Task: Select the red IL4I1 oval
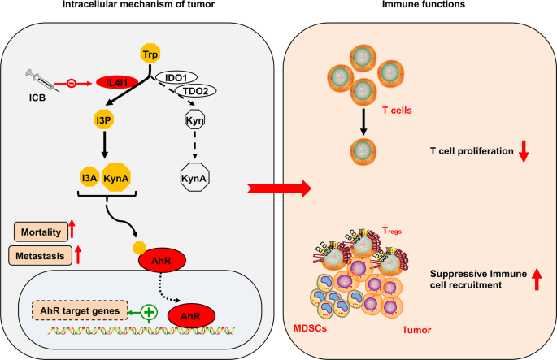tap(116, 82)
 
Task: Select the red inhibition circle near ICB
tap(72, 82)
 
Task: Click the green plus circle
tap(149, 311)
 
